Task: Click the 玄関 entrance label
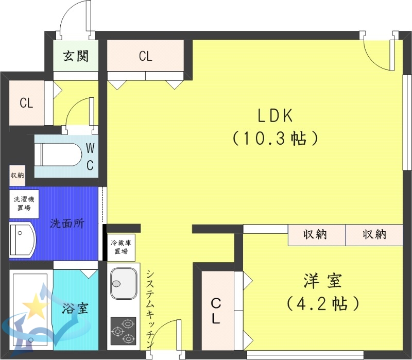tap(76, 56)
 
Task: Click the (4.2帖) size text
tap(323, 303)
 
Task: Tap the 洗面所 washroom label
tap(67, 224)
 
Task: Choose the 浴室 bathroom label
tap(75, 309)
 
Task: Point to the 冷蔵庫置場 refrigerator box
tap(121, 247)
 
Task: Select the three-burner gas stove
tap(122, 331)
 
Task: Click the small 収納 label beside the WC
tap(17, 175)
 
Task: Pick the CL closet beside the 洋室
tap(216, 310)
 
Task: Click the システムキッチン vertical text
tap(149, 309)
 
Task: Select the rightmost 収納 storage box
tap(374, 235)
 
